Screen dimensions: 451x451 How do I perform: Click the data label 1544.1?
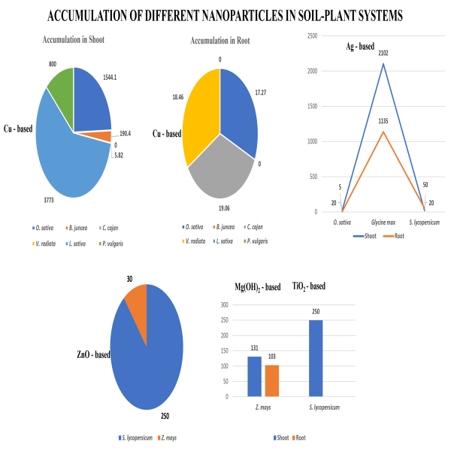pyautogui.click(x=110, y=77)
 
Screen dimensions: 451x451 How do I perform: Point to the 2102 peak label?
pyautogui.click(x=383, y=53)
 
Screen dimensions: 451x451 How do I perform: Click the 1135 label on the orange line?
pyautogui.click(x=383, y=121)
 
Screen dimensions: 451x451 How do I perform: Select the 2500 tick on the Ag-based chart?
pyautogui.click(x=312, y=36)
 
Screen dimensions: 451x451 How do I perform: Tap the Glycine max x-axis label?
pyautogui.click(x=383, y=222)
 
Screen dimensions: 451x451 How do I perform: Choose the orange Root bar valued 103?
pyautogui.click(x=272, y=381)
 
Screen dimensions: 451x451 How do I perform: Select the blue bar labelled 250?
pyautogui.click(x=316, y=359)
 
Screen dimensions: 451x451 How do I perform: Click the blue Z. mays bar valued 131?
pyautogui.click(x=255, y=377)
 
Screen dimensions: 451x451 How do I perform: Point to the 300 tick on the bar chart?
pyautogui.click(x=224, y=305)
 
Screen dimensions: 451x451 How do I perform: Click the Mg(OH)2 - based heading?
pyautogui.click(x=257, y=287)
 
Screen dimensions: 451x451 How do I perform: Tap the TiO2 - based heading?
pyautogui.click(x=309, y=286)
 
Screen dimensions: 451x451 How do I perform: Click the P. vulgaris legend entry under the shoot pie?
pyautogui.click(x=111, y=244)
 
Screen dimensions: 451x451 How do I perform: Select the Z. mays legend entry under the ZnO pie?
pyautogui.click(x=167, y=437)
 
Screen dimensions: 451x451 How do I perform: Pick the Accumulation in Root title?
pyautogui.click(x=220, y=41)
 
